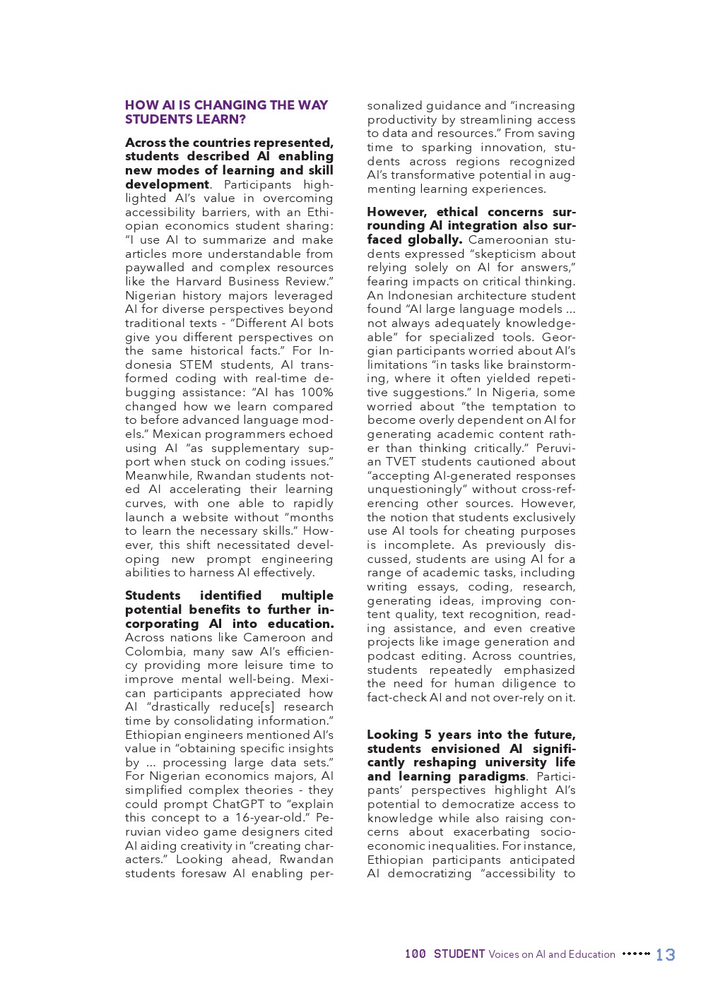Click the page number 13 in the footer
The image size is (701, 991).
point(665,955)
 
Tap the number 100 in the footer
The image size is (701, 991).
point(415,954)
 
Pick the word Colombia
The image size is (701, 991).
point(154,651)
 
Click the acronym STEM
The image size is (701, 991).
point(196,364)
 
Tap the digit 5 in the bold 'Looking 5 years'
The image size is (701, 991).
point(428,735)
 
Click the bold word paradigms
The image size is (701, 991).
point(492,776)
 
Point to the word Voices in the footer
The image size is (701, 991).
point(504,954)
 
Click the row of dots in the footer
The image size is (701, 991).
point(635,954)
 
